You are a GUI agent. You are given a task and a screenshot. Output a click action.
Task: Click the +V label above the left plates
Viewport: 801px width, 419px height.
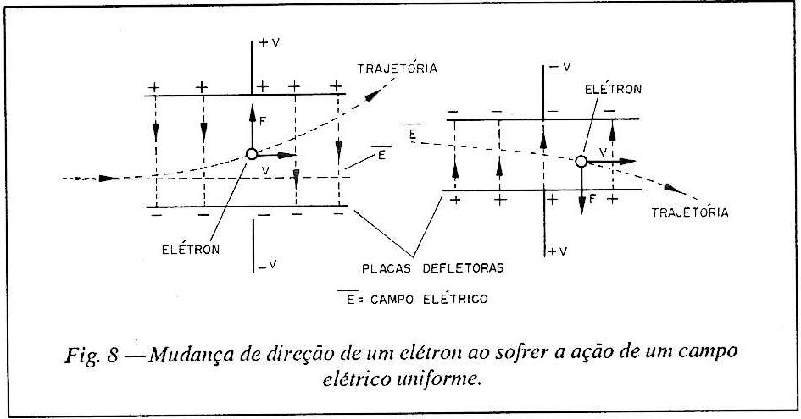[x=270, y=42]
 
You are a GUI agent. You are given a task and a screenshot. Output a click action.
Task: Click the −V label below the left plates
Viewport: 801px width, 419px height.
[x=268, y=264]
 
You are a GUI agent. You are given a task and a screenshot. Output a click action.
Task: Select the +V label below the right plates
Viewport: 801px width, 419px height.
[x=558, y=251]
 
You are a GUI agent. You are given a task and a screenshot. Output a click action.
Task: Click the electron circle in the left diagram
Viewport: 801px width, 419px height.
[x=252, y=154]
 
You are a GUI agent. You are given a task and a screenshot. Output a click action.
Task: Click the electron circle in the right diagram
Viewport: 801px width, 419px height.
[x=581, y=162]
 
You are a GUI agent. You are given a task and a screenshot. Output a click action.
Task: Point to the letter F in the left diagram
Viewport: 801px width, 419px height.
[x=263, y=121]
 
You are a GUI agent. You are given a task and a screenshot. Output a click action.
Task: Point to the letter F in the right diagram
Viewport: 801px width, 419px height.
[x=592, y=199]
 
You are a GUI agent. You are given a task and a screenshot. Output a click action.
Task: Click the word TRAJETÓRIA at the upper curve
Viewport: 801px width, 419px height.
[x=397, y=68]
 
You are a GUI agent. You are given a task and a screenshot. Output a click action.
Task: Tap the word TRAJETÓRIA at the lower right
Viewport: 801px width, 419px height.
[x=690, y=212]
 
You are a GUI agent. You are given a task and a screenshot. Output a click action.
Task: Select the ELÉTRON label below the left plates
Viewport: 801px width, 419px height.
[x=191, y=249]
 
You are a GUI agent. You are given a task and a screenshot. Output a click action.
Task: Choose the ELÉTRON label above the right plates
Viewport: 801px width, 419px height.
[x=613, y=89]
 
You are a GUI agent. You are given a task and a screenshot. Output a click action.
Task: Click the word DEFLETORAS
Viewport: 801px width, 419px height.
[x=464, y=268]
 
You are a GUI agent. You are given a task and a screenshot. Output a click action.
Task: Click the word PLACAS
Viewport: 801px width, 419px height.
[x=387, y=268]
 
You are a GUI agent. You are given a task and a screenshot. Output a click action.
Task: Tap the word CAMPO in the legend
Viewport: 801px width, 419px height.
[x=392, y=299]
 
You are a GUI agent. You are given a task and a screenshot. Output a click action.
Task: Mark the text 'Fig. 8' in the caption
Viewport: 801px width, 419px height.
[x=92, y=355]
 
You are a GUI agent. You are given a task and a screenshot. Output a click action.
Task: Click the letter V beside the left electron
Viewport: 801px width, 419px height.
[x=265, y=171]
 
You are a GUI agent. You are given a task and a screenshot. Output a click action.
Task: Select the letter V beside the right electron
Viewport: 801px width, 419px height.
[x=603, y=152]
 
